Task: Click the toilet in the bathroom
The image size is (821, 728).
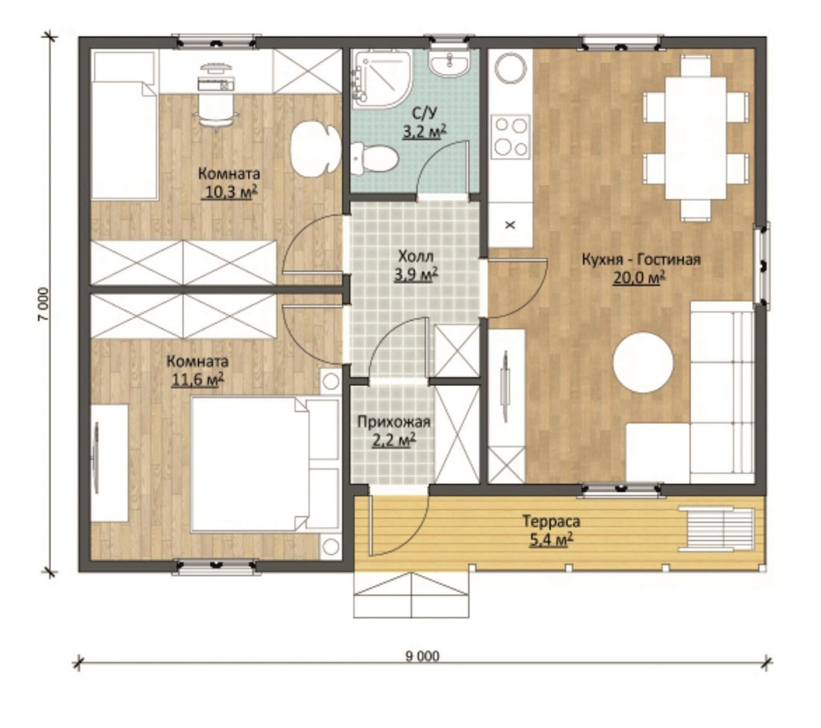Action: pyautogui.click(x=374, y=159)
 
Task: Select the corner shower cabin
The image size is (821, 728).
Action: pyautogui.click(x=381, y=79)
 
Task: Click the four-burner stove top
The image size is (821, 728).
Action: pyautogui.click(x=510, y=137)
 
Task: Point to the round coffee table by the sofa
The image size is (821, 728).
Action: pyautogui.click(x=642, y=362)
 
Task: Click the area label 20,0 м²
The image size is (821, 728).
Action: pyautogui.click(x=638, y=278)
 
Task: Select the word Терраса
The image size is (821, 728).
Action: pyautogui.click(x=551, y=521)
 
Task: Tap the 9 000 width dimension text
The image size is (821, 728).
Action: pyautogui.click(x=422, y=656)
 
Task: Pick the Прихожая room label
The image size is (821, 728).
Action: pyautogui.click(x=393, y=422)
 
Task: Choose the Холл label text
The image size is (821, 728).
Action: pyautogui.click(x=416, y=256)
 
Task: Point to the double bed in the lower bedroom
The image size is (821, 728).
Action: pyautogui.click(x=264, y=463)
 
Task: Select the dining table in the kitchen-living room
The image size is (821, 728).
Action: pyautogui.click(x=695, y=138)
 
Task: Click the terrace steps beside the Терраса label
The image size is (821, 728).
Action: pyautogui.click(x=716, y=529)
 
